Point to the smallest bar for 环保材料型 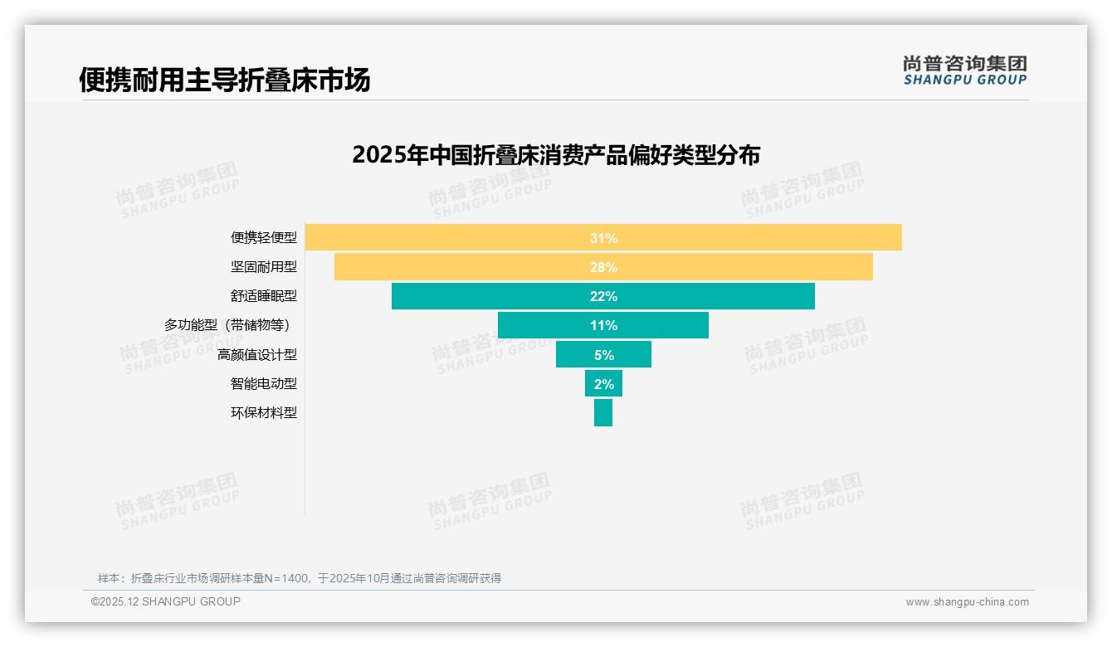click(603, 412)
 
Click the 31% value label click(603, 238)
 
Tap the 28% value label click(603, 267)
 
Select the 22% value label click(603, 296)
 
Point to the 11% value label click(603, 325)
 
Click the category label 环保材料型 click(263, 412)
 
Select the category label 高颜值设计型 click(256, 354)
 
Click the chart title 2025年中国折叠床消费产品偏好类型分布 click(556, 155)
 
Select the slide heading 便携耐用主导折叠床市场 click(224, 80)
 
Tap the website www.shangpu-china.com click(967, 602)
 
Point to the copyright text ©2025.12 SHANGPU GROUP click(165, 601)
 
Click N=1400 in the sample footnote click(286, 578)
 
